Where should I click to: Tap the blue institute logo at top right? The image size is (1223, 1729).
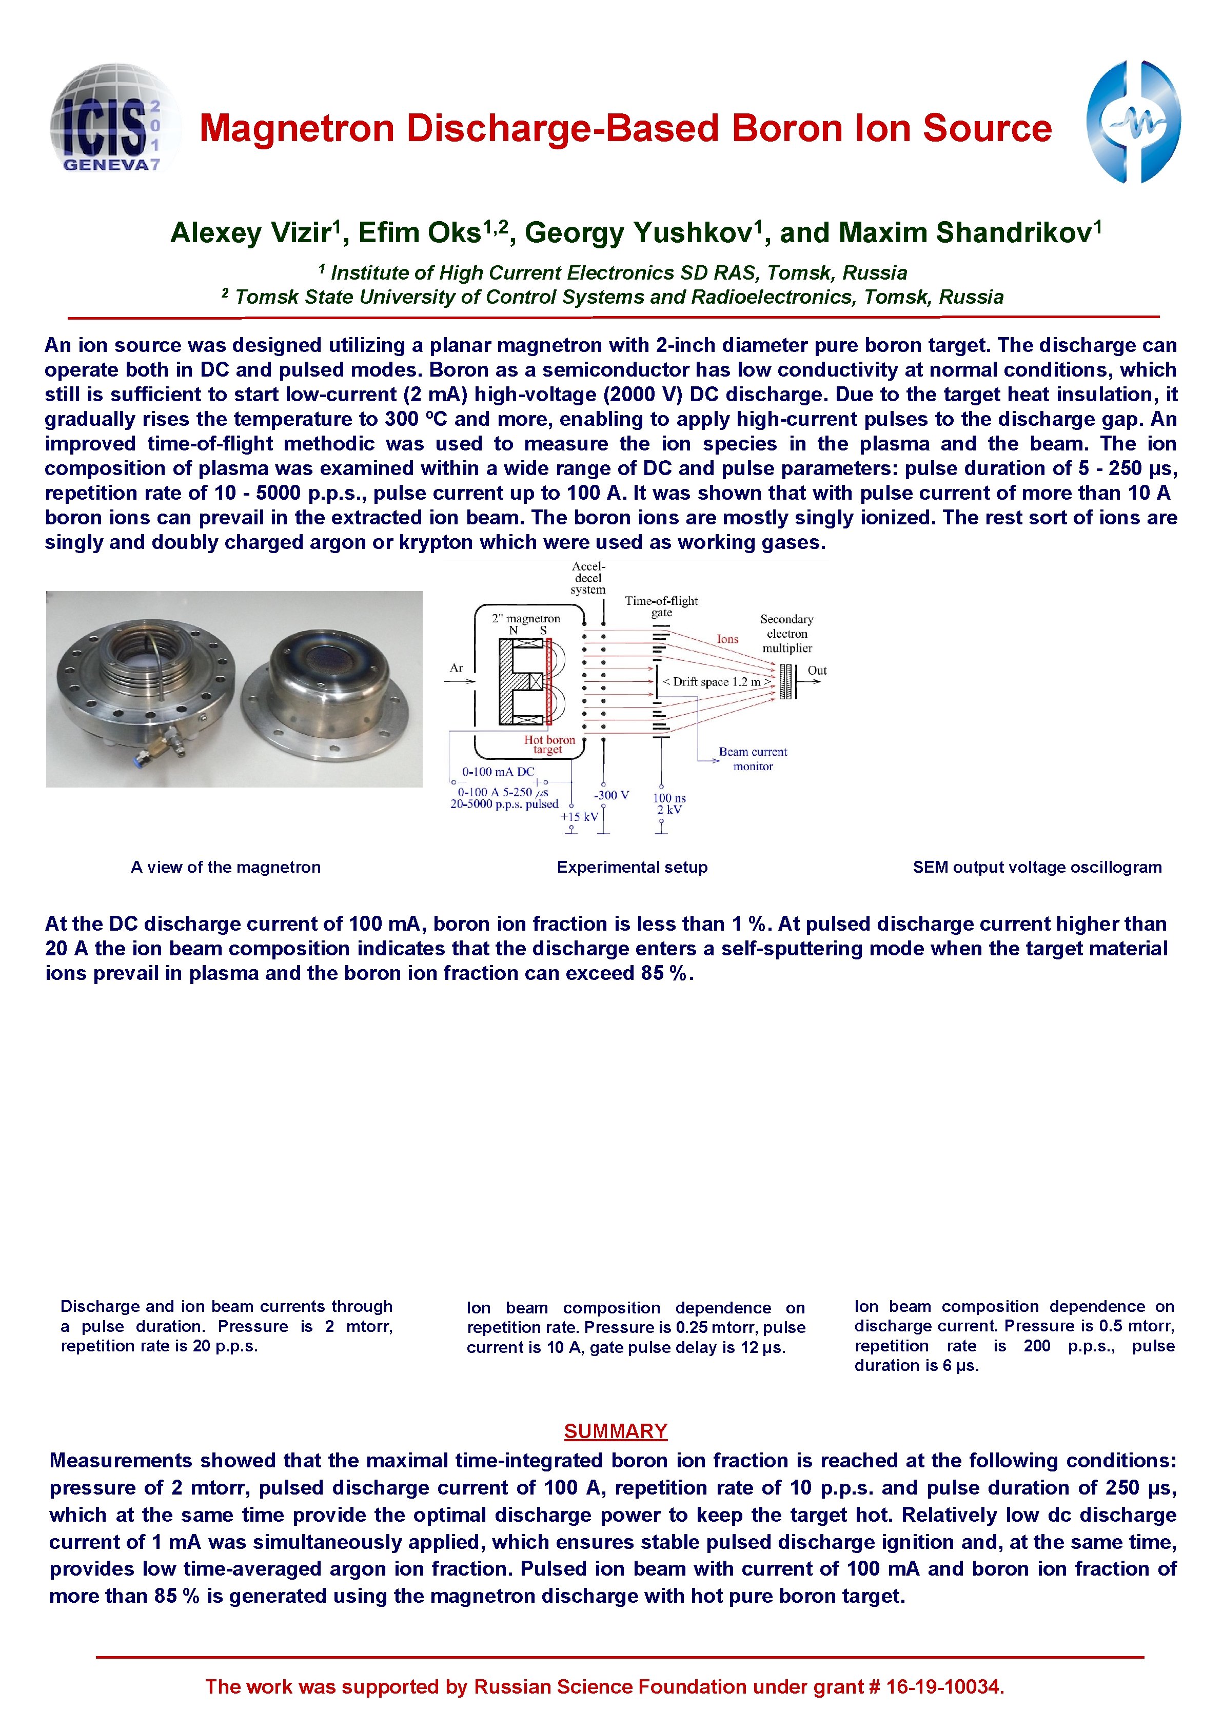pos(1133,122)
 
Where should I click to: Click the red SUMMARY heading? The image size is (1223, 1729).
pos(615,1431)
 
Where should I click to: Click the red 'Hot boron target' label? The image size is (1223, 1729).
pos(549,744)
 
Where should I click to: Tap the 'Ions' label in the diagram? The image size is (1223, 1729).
pos(727,639)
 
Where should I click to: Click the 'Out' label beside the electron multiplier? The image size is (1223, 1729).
pos(817,670)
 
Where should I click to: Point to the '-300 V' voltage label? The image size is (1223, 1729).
pos(611,795)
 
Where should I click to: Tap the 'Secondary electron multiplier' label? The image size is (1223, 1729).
pos(787,633)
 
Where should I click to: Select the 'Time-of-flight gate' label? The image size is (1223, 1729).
pos(661,606)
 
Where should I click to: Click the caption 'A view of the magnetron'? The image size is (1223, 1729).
pos(225,867)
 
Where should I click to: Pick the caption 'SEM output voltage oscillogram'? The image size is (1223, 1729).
pos(1036,867)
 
